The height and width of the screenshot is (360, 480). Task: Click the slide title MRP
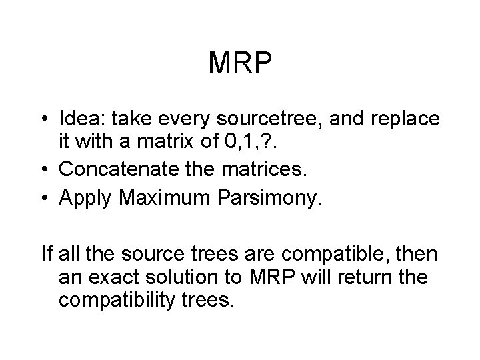(240, 63)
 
